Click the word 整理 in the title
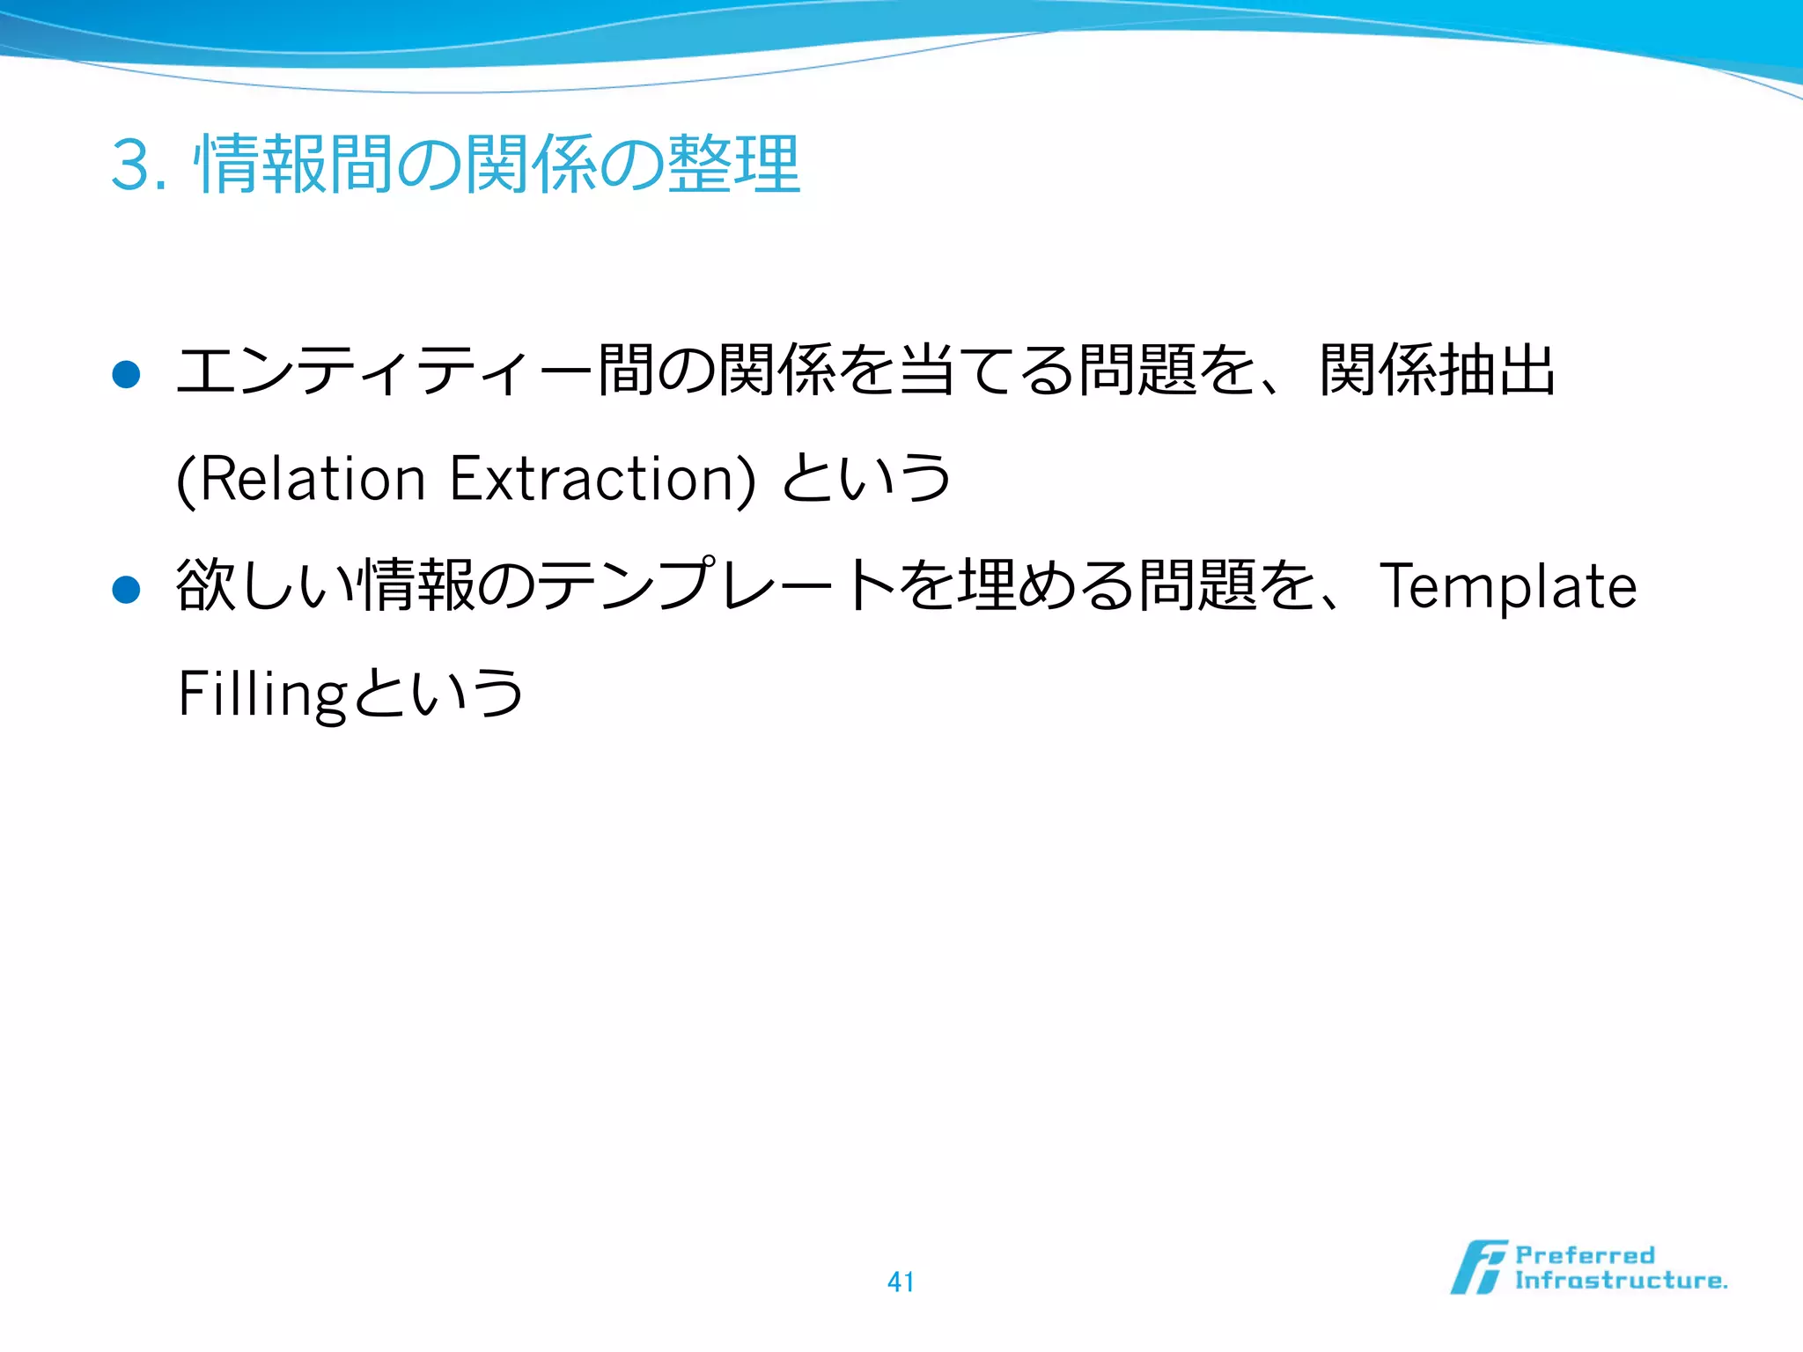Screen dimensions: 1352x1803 pyautogui.click(x=734, y=165)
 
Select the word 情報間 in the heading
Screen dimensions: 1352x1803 pyautogui.click(x=293, y=165)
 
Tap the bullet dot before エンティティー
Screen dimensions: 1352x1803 pyautogui.click(x=127, y=375)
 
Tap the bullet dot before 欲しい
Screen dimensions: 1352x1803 pyautogui.click(x=127, y=590)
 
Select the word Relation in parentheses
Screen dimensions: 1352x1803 pyautogui.click(x=313, y=480)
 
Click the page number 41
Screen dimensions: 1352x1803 pyautogui.click(x=901, y=1282)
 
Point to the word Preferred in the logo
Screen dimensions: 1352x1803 pyautogui.click(x=1585, y=1255)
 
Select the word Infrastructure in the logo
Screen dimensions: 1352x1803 pyautogui.click(x=1620, y=1281)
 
